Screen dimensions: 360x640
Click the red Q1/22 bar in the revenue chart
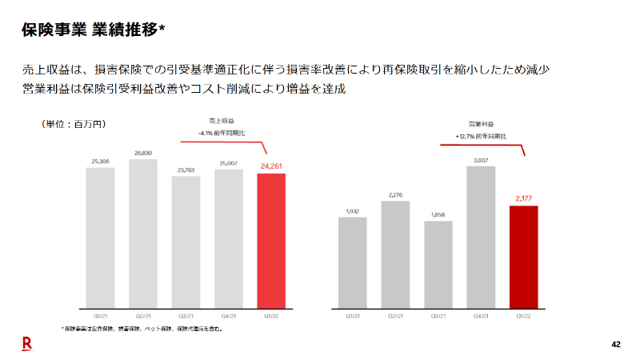click(270, 240)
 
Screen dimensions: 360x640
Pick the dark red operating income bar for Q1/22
click(523, 257)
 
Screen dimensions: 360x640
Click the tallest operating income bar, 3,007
click(481, 237)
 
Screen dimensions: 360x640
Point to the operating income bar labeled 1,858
click(438, 264)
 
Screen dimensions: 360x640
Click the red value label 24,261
click(270, 166)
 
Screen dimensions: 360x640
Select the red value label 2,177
click(523, 199)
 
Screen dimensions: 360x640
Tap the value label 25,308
click(101, 162)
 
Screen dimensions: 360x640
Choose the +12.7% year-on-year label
click(481, 136)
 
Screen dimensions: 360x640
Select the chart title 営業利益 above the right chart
click(481, 125)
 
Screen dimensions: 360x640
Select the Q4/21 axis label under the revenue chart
click(228, 316)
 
